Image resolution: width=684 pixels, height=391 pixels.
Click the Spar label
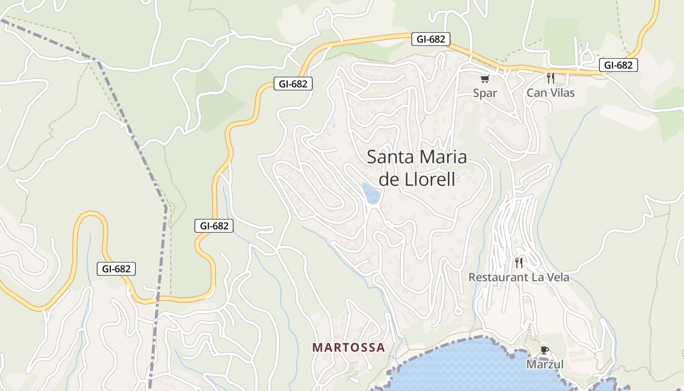point(485,93)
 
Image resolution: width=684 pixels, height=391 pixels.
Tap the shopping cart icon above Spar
point(485,79)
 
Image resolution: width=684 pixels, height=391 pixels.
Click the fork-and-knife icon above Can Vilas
point(551,78)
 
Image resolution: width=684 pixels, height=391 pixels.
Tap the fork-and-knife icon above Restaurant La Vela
point(519,263)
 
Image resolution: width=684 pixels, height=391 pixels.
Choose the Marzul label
point(545,365)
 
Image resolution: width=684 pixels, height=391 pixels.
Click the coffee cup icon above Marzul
point(545,350)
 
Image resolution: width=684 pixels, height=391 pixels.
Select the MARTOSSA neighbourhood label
point(349,348)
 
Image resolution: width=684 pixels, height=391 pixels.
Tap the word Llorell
point(430,179)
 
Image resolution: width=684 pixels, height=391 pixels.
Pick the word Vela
point(558,278)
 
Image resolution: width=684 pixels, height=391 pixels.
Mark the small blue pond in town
point(371,194)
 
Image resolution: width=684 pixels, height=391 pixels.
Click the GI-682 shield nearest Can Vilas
point(618,65)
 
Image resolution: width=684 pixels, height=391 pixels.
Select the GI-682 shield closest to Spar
point(430,39)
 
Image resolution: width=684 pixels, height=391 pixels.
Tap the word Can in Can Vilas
point(536,92)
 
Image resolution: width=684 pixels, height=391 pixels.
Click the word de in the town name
point(390,179)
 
